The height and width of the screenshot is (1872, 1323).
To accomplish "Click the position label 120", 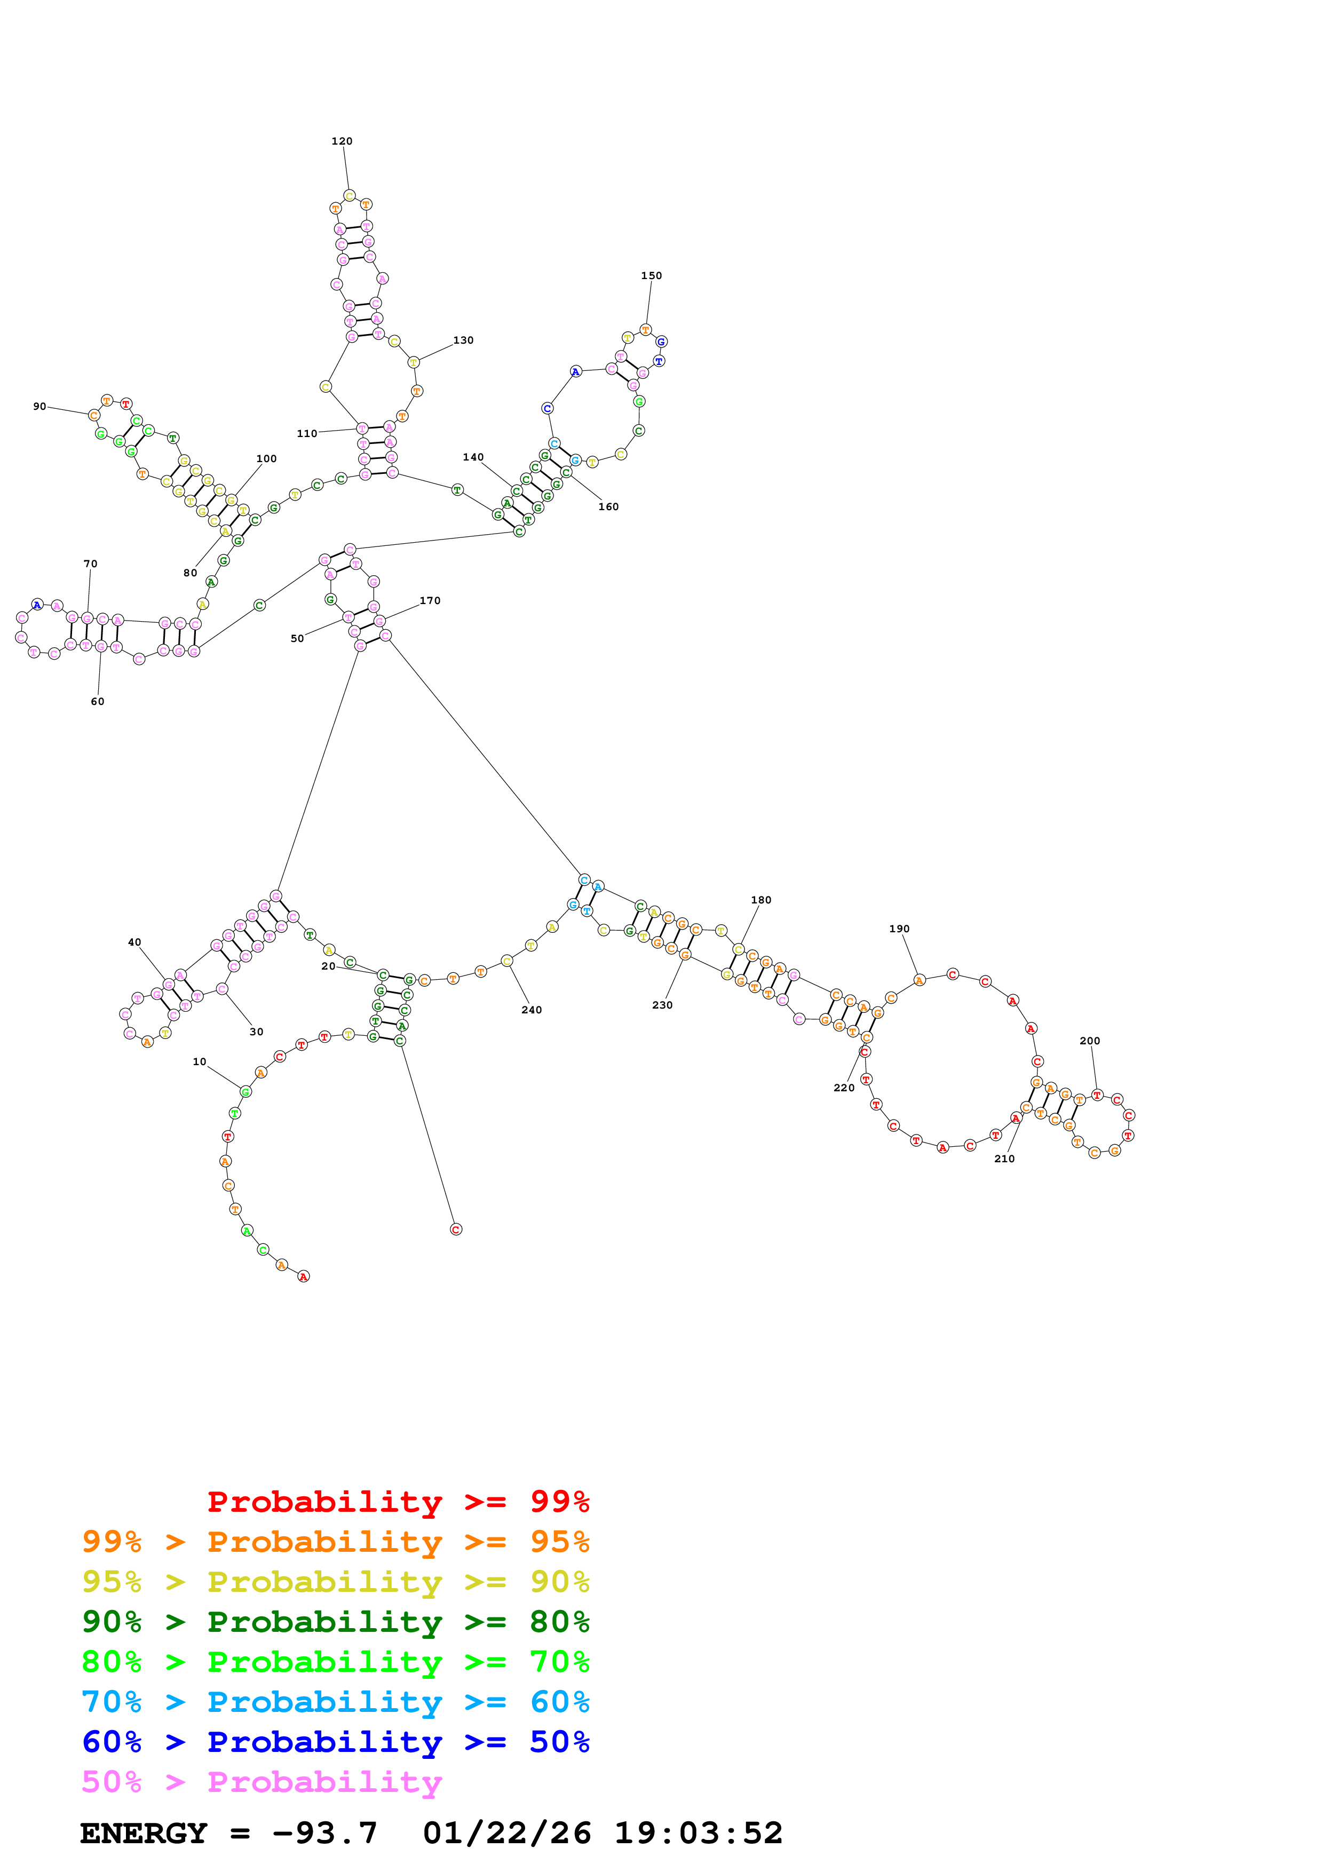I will pyautogui.click(x=342, y=141).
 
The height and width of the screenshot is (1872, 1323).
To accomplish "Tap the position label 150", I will pyautogui.click(x=651, y=275).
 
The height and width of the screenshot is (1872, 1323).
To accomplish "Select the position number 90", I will pyautogui.click(x=39, y=406).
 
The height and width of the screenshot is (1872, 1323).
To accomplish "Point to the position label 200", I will pyautogui.click(x=1090, y=1041).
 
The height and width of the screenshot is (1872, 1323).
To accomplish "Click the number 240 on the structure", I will pyautogui.click(x=532, y=1010).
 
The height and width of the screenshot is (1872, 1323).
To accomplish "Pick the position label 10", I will pyautogui.click(x=200, y=1061).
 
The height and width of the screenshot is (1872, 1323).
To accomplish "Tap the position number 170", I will pyautogui.click(x=430, y=601).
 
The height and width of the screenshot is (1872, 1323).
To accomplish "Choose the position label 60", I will pyautogui.click(x=97, y=701).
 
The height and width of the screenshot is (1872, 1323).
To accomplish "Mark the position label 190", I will pyautogui.click(x=899, y=929).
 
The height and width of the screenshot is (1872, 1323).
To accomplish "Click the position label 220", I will pyautogui.click(x=844, y=1088).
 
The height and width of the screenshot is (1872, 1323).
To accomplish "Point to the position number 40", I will pyautogui.click(x=134, y=942).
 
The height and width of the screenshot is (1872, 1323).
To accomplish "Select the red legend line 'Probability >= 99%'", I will pyautogui.click(x=398, y=1501).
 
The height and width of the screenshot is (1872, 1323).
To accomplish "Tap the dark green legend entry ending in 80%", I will pyautogui.click(x=335, y=1622).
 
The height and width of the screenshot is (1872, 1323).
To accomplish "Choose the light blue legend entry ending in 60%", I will pyautogui.click(x=335, y=1702).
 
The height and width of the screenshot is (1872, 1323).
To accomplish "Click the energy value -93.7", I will pyautogui.click(x=325, y=1833).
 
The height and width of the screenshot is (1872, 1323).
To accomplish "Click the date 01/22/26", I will pyautogui.click(x=507, y=1833).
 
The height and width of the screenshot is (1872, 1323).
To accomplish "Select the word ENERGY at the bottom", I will pyautogui.click(x=144, y=1833).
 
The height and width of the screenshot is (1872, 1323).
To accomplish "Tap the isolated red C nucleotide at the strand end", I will pyautogui.click(x=456, y=1229).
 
